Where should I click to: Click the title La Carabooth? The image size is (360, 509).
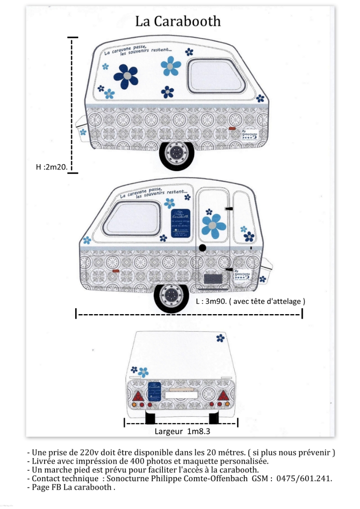178,21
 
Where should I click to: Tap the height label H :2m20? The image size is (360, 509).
51,167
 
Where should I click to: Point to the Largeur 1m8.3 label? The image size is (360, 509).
183,431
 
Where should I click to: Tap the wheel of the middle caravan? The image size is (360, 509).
171,296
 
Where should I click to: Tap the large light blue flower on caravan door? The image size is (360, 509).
214,225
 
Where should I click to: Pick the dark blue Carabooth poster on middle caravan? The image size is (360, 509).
181,224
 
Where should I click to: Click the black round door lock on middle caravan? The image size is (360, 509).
202,248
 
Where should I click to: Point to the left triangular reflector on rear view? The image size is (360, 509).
138,396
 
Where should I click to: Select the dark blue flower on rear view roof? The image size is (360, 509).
220,338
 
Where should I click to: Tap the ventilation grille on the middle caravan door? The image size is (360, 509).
213,279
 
